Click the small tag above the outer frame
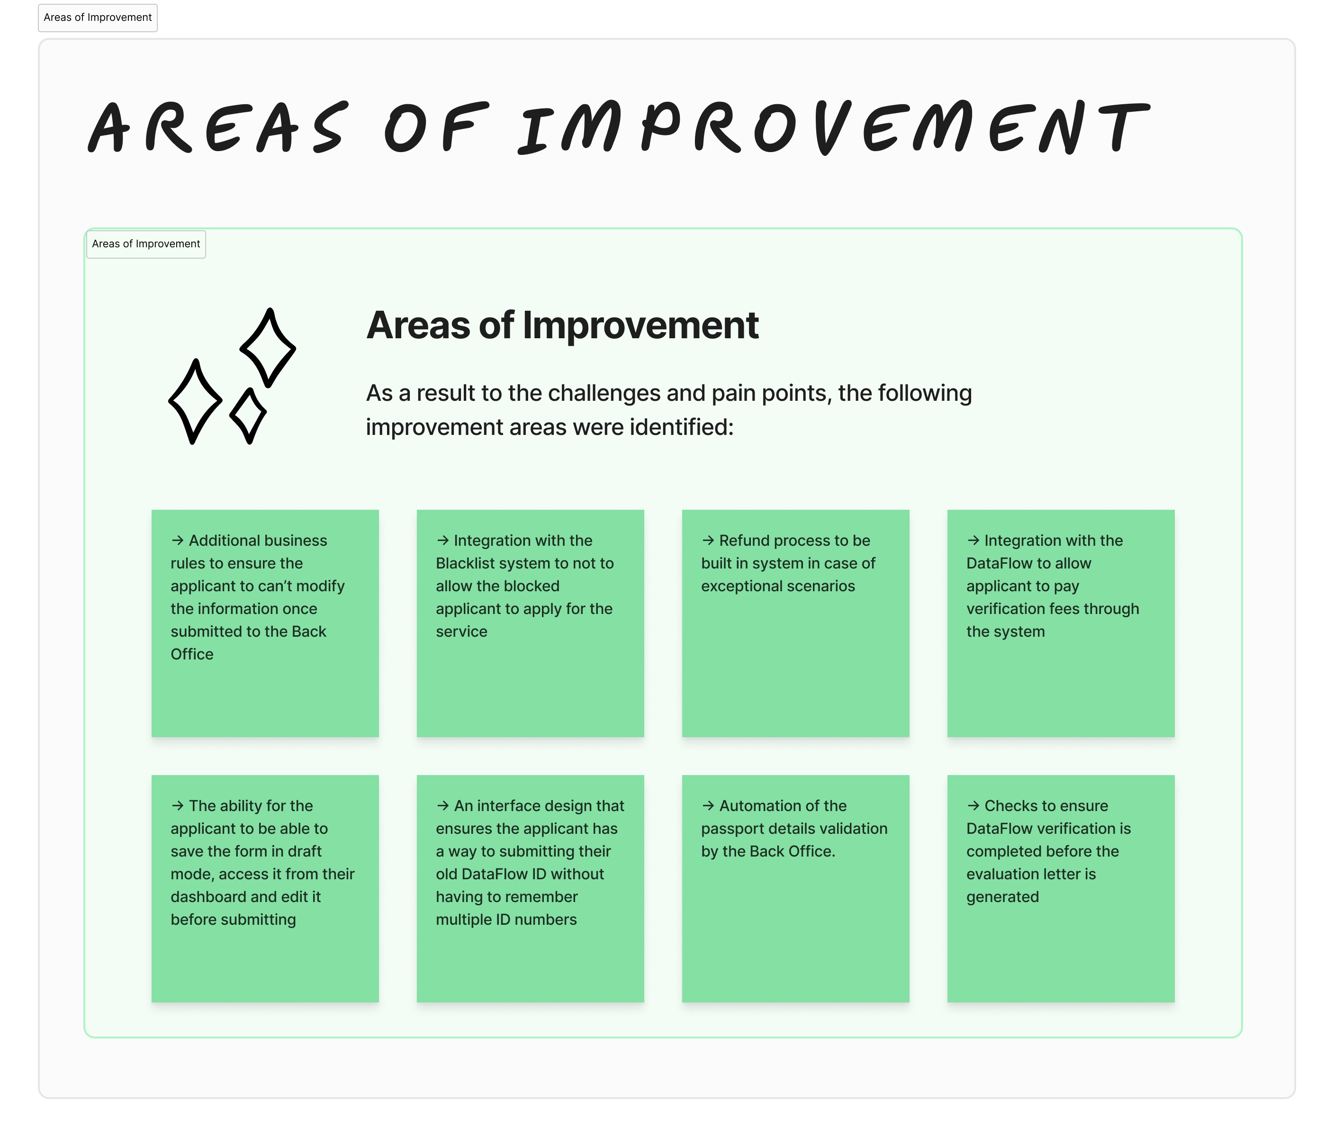[x=98, y=18]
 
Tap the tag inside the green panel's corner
[x=146, y=244]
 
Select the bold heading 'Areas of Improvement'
[x=562, y=325]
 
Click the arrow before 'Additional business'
[x=178, y=540]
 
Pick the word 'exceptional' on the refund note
[x=740, y=587]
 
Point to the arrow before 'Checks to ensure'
[x=973, y=805]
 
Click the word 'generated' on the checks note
[x=1002, y=897]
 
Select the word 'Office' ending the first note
[x=192, y=654]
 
